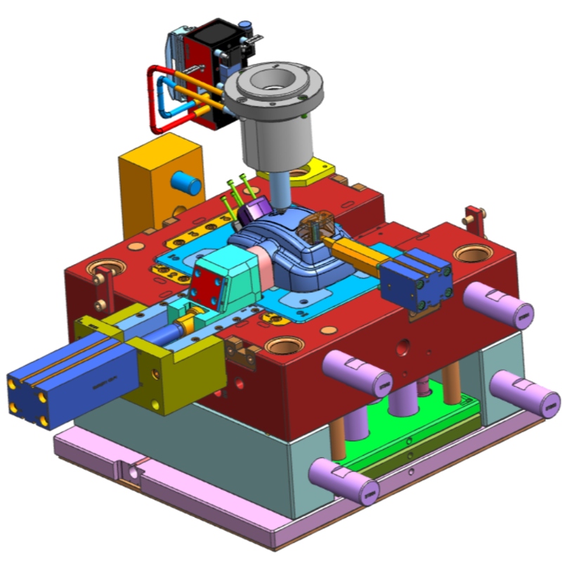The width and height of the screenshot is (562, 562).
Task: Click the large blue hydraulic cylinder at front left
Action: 63,372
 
